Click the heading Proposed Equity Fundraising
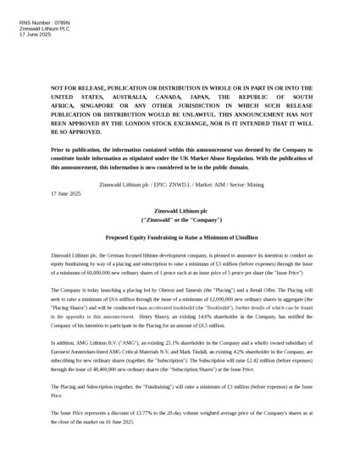[x=180, y=238]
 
